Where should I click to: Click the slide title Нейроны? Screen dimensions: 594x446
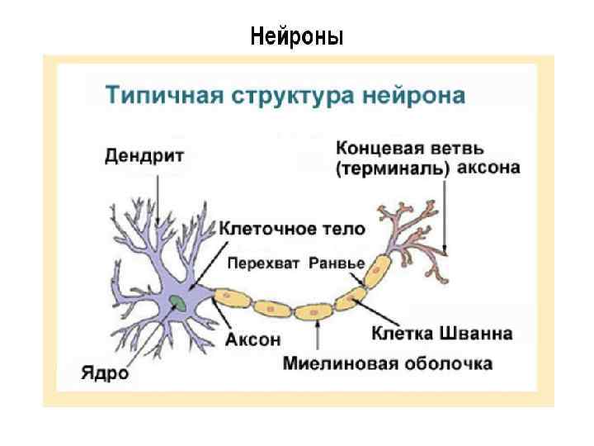click(297, 37)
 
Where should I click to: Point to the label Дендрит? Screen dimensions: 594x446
click(144, 155)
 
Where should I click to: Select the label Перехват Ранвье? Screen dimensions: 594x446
click(295, 263)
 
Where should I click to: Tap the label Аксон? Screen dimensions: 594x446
click(252, 339)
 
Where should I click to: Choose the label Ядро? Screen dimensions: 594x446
click(105, 372)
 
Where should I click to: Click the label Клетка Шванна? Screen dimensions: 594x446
click(441, 334)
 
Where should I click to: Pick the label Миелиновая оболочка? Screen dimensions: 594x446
click(387, 363)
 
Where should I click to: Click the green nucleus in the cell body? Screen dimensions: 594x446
click(178, 303)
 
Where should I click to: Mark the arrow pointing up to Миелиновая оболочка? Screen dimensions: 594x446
click(318, 339)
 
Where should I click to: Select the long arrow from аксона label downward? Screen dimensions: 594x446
click(445, 215)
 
